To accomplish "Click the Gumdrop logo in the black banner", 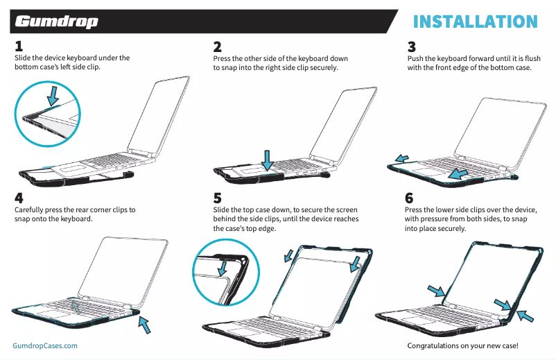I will click(x=56, y=22).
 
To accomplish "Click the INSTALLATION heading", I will click(x=475, y=21).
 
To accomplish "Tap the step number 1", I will click(x=19, y=47).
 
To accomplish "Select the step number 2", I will click(x=218, y=47).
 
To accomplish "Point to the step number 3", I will click(x=412, y=47).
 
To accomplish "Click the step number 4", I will click(x=19, y=198).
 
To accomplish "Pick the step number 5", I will click(x=218, y=198).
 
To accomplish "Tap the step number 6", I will click(x=409, y=198).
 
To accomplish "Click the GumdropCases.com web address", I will click(x=45, y=345).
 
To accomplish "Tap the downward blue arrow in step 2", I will click(x=267, y=158).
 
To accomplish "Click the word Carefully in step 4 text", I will click(x=30, y=209).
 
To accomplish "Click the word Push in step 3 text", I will click(x=415, y=58).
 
